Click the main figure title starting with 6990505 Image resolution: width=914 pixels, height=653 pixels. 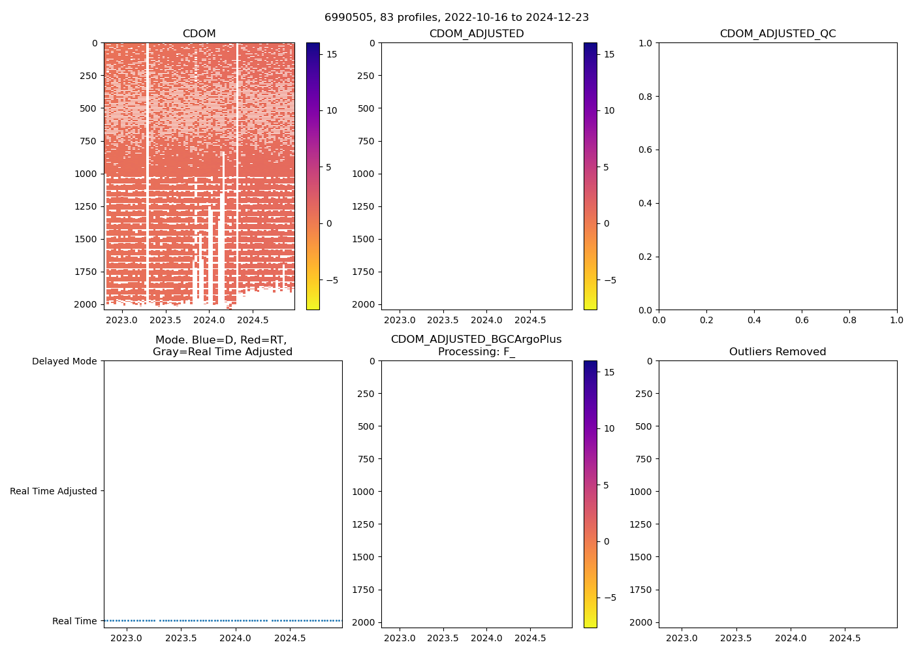tap(456, 18)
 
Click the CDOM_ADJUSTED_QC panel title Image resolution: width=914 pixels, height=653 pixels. tap(778, 34)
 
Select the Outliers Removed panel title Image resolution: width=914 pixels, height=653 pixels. tap(778, 352)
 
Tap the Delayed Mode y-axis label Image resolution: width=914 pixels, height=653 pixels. tap(64, 361)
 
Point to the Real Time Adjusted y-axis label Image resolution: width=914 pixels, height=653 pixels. tap(53, 491)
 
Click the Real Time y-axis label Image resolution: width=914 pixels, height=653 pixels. tap(74, 621)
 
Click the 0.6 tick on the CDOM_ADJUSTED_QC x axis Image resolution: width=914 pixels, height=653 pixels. tap(802, 321)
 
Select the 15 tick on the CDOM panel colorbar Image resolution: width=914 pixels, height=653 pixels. tap(332, 54)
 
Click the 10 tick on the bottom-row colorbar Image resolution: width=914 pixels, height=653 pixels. tap(609, 428)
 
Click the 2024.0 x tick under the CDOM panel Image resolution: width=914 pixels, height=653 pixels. tap(209, 321)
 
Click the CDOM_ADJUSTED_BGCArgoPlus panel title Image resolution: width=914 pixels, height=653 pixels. tap(476, 345)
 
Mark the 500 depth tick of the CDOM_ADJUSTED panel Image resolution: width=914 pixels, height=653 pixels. tap(366, 108)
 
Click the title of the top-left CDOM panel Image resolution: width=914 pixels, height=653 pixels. tap(199, 34)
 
